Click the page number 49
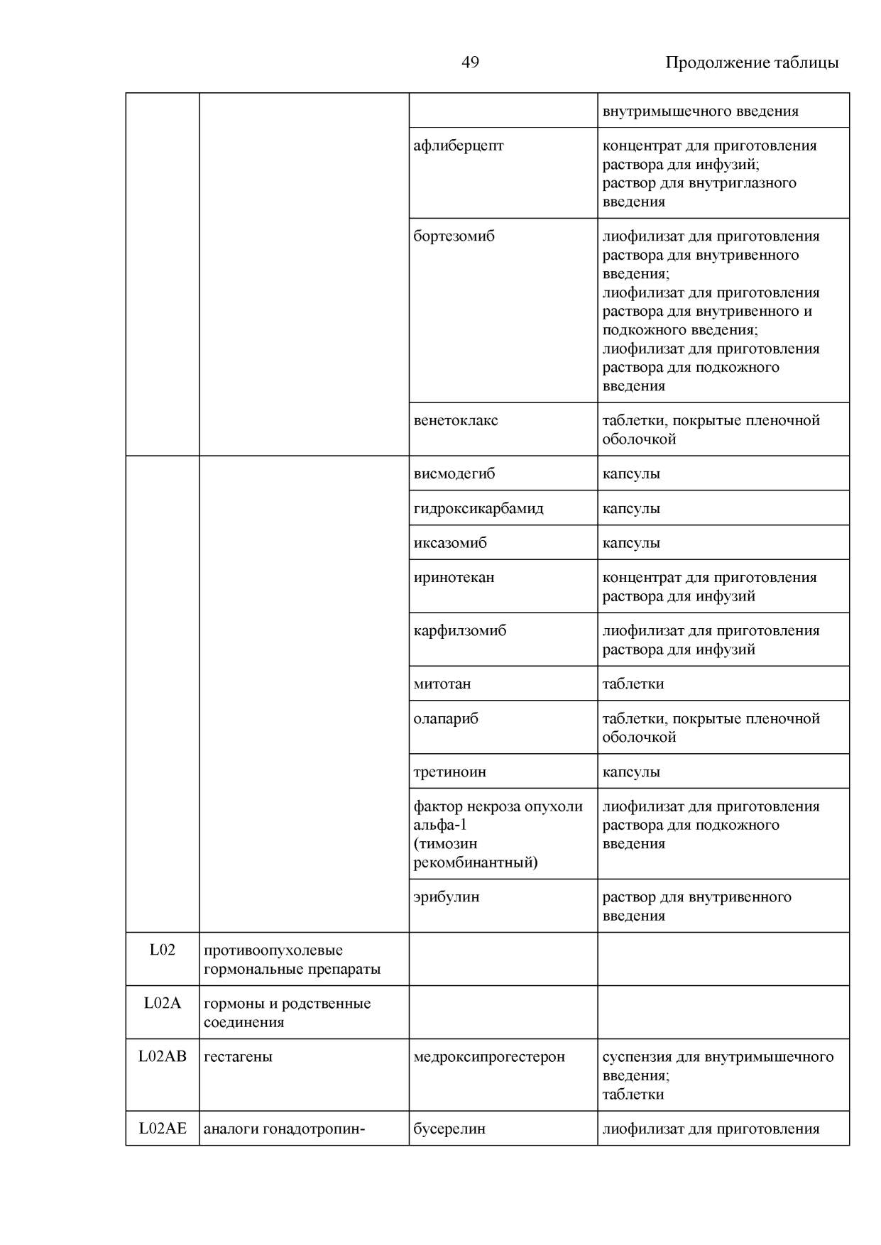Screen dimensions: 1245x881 click(470, 62)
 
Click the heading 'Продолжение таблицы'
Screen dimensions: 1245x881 click(751, 62)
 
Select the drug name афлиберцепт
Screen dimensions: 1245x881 click(458, 146)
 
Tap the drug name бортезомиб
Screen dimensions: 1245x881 click(454, 236)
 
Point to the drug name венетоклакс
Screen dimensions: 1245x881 click(455, 420)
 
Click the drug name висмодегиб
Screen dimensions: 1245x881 click(454, 473)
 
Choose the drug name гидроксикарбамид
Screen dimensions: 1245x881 click(478, 508)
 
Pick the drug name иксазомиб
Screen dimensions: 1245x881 click(450, 543)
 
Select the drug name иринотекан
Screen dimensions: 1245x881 click(454, 577)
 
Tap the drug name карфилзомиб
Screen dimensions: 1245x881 click(459, 630)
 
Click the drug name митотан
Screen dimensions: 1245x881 click(442, 684)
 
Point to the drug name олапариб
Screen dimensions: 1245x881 click(446, 718)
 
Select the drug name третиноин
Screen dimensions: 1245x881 click(449, 772)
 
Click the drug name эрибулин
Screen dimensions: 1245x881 click(446, 896)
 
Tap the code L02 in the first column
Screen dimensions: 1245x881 click(162, 950)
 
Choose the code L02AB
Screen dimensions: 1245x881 click(162, 1056)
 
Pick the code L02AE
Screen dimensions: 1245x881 click(162, 1129)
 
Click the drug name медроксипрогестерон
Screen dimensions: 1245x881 click(489, 1056)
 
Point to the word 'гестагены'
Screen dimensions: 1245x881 click(238, 1056)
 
